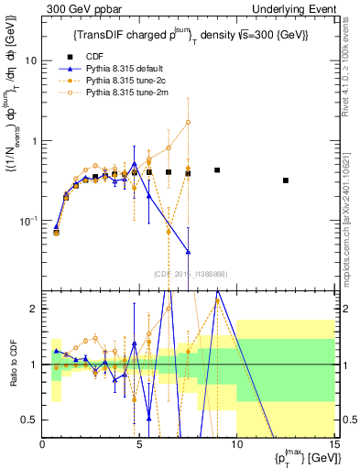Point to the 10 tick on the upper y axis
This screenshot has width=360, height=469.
coord(32,60)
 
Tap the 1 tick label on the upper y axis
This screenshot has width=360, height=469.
coord(36,141)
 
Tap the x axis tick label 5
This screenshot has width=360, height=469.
coord(139,445)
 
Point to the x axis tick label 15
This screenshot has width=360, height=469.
coord(333,445)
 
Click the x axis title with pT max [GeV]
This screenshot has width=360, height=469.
coord(301,457)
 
